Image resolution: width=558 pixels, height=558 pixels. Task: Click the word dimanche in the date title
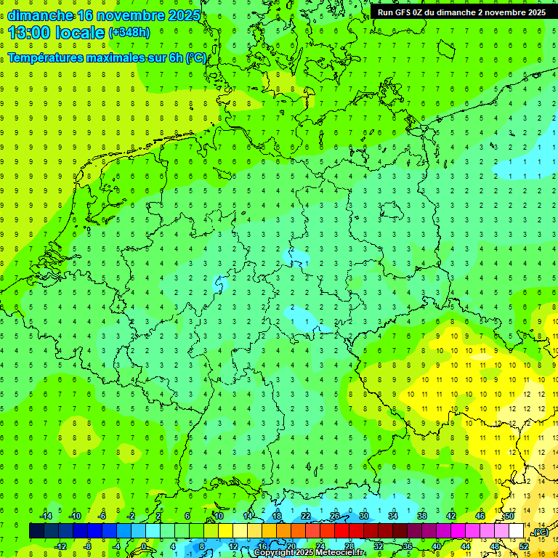[40, 16]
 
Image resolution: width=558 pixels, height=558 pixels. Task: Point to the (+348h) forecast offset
[131, 33]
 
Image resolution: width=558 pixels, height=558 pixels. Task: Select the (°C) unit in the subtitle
[195, 57]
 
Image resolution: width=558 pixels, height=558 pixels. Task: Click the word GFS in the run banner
[407, 12]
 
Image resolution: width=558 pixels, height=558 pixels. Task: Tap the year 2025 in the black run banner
[534, 12]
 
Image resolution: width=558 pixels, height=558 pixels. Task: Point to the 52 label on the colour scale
[524, 546]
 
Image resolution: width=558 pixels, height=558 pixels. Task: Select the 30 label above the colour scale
[364, 516]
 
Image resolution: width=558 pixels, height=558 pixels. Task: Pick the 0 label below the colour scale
[144, 546]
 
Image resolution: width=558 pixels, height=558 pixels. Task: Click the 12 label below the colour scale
[232, 546]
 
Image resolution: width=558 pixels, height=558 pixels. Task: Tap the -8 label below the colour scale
[88, 546]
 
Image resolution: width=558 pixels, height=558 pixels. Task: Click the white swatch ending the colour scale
[517, 531]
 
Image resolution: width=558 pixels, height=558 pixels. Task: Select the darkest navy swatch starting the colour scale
[36, 531]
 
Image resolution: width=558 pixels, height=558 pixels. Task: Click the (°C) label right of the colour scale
[540, 532]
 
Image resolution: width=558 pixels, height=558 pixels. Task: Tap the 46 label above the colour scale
[480, 516]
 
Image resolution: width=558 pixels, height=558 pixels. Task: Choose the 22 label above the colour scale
[306, 516]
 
